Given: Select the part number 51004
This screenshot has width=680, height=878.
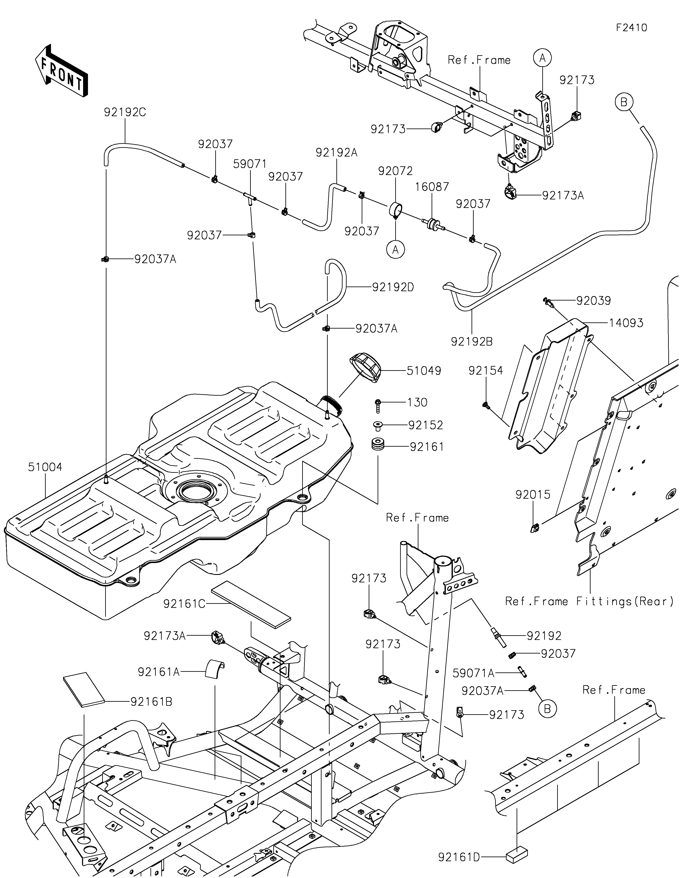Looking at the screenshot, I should [x=45, y=467].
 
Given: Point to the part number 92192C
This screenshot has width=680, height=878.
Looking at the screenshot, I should [x=125, y=112].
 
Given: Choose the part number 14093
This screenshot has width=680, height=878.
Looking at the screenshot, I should [x=626, y=323].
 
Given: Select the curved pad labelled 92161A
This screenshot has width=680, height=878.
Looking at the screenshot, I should [x=215, y=670].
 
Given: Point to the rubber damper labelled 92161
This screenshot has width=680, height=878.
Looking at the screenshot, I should [x=378, y=445].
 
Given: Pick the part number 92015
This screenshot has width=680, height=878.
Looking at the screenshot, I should [x=533, y=494].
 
